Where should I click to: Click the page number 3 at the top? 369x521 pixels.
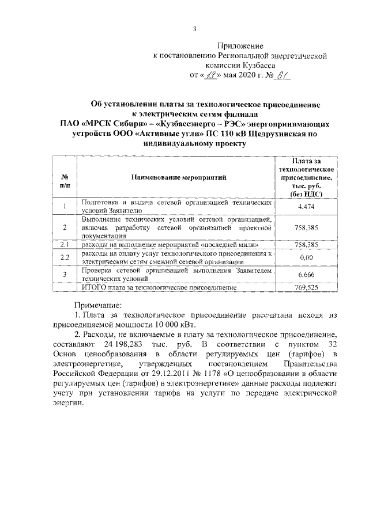click(194, 29)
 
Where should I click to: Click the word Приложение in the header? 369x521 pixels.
click(240, 45)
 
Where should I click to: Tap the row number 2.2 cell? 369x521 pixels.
click(65, 257)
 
